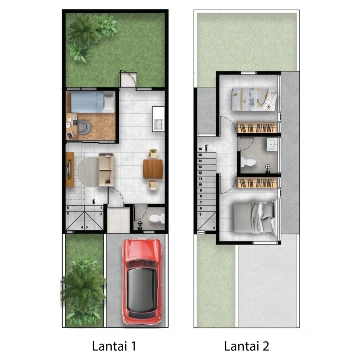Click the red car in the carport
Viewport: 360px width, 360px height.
[x=142, y=282]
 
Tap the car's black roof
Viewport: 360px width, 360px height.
[x=142, y=288]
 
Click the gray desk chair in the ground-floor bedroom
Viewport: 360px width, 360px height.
[x=83, y=127]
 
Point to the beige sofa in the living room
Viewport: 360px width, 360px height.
[x=106, y=170]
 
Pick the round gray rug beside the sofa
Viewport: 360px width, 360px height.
[x=88, y=172]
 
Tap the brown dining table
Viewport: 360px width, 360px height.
[x=153, y=169]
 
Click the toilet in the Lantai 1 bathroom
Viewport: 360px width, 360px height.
[x=156, y=218]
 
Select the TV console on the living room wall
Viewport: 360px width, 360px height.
[x=70, y=169]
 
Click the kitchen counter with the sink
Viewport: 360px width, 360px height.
[x=158, y=119]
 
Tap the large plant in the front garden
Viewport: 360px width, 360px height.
[x=83, y=288]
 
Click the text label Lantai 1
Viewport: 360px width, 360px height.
[x=114, y=346]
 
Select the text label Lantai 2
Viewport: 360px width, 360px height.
[x=247, y=346]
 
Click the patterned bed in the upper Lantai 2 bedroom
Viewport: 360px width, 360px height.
[x=254, y=99]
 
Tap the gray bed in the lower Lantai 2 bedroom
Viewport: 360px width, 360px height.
[x=255, y=218]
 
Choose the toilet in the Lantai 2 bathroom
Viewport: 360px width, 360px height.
[x=248, y=162]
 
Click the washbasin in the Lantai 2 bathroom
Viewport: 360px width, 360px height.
[x=272, y=145]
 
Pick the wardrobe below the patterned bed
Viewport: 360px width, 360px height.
[x=257, y=128]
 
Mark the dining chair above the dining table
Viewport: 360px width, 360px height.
[x=153, y=154]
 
